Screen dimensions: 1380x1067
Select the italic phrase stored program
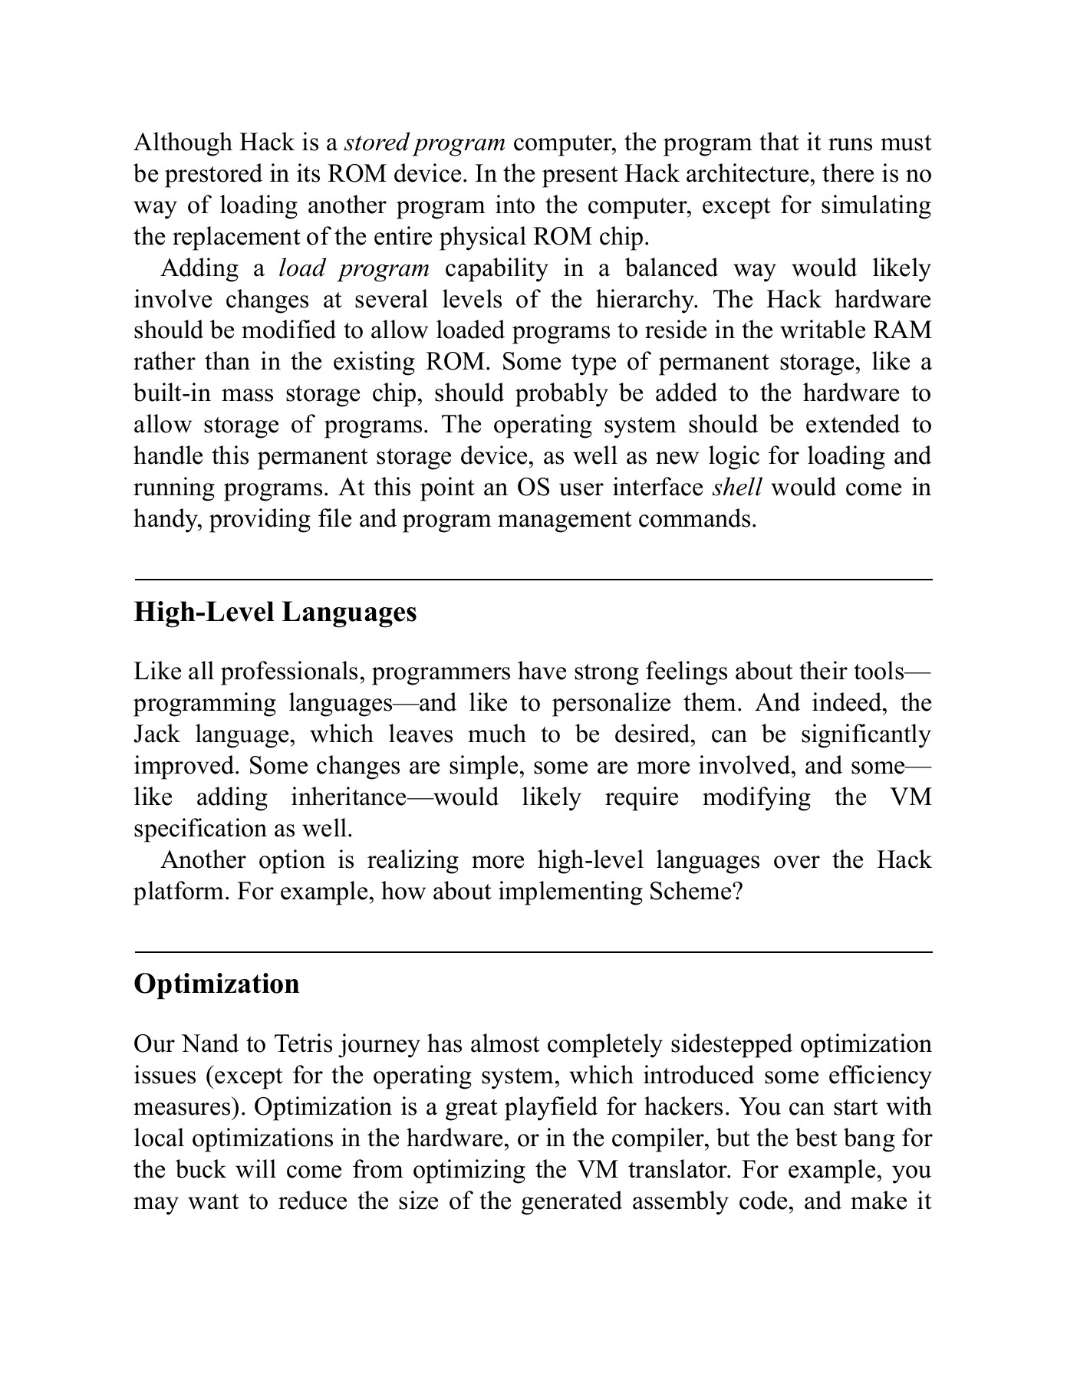pyautogui.click(x=424, y=143)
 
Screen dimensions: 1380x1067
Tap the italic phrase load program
pyautogui.click(x=354, y=268)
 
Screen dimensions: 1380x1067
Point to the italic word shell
pyautogui.click(x=736, y=488)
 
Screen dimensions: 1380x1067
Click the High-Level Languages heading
pyautogui.click(x=275, y=613)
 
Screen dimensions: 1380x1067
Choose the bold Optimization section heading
pyautogui.click(x=216, y=984)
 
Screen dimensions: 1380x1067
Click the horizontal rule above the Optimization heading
pyautogui.click(x=533, y=952)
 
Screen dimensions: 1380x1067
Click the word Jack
pyautogui.click(x=156, y=734)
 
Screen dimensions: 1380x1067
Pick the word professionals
pyautogui.click(x=291, y=672)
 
